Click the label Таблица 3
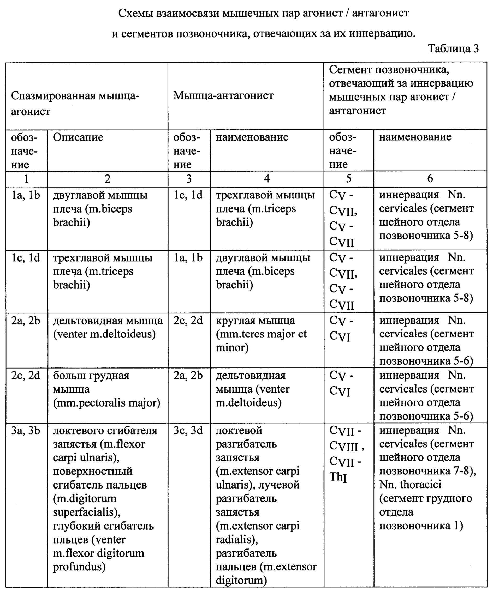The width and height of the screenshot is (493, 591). (x=453, y=49)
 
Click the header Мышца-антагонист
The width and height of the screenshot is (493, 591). (x=223, y=96)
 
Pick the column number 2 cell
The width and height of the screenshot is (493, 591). (x=108, y=179)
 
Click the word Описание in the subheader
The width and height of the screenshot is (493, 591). (x=78, y=137)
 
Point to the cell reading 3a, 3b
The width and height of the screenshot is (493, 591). (x=26, y=431)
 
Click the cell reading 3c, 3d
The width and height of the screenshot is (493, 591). (x=188, y=431)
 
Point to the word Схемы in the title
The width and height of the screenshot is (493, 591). (x=136, y=13)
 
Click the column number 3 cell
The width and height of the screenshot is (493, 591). (x=189, y=179)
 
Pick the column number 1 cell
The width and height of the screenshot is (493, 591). (x=26, y=179)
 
